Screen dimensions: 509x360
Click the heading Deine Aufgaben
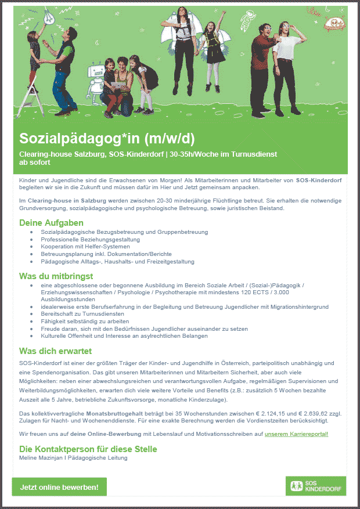point(51,223)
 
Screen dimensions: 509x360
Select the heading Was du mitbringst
point(56,276)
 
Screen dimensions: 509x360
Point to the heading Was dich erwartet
point(55,351)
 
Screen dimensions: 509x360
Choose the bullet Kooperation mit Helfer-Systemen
point(85,247)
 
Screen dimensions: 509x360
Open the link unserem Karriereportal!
point(296,434)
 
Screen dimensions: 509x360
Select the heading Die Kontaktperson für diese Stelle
point(88,449)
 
